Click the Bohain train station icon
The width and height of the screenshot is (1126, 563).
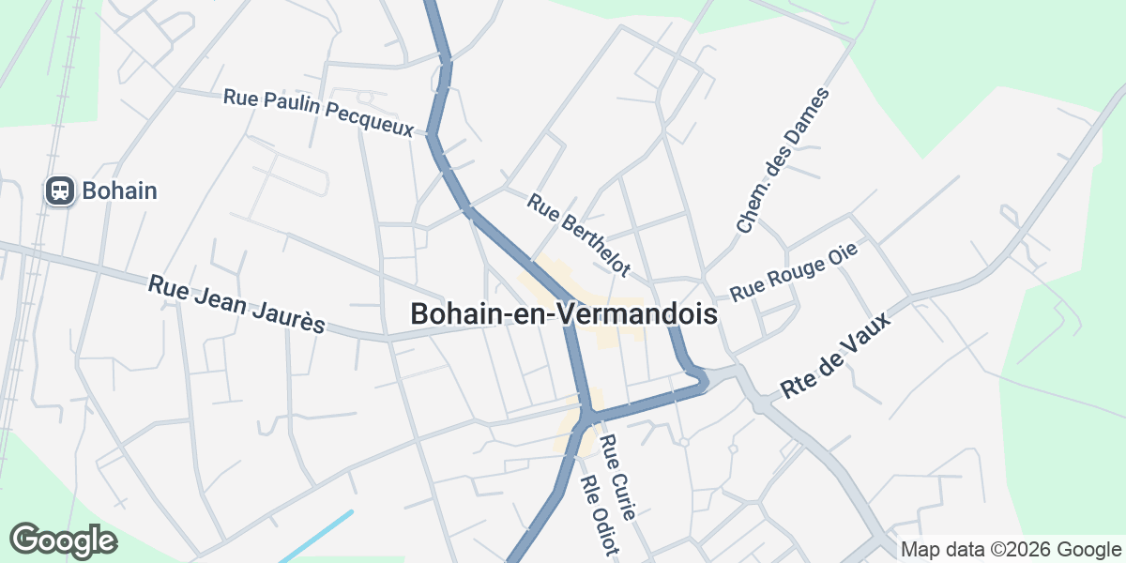pyautogui.click(x=60, y=191)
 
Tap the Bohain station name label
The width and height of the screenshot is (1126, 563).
pyautogui.click(x=119, y=191)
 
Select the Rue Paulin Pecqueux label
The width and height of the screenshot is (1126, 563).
pyautogui.click(x=318, y=114)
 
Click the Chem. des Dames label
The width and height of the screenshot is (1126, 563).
pyautogui.click(x=784, y=160)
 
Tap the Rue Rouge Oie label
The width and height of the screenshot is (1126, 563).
pyautogui.click(x=794, y=273)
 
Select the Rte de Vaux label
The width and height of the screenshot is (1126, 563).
pyautogui.click(x=835, y=358)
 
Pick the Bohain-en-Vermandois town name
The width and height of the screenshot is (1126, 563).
pyautogui.click(x=564, y=314)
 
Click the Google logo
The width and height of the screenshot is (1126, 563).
pyautogui.click(x=63, y=540)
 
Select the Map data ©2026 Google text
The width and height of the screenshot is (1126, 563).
pyautogui.click(x=1011, y=550)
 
